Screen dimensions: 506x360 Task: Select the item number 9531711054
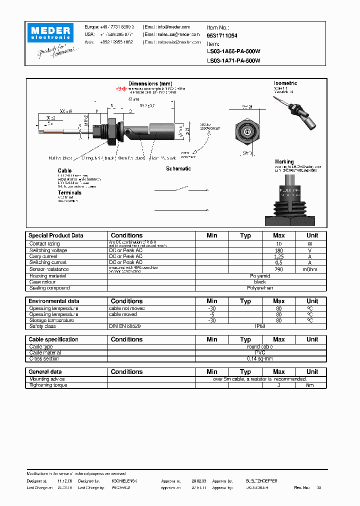tap(222, 36)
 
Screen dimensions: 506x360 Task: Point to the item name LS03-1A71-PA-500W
tap(233, 60)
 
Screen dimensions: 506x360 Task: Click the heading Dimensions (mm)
tap(150, 83)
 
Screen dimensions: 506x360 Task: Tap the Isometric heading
tap(285, 83)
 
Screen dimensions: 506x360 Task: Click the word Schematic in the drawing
tap(178, 168)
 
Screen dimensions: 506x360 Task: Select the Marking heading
tap(284, 161)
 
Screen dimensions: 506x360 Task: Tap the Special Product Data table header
tap(56, 235)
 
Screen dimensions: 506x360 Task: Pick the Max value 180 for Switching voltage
tap(278, 250)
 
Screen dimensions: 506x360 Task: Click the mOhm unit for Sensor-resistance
tap(312, 269)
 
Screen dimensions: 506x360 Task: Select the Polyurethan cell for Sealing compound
tap(260, 288)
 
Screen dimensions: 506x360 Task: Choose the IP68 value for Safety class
tap(260, 326)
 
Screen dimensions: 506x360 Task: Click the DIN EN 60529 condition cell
tap(125, 326)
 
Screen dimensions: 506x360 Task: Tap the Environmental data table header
tap(53, 301)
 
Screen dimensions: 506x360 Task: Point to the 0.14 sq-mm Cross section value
tap(260, 359)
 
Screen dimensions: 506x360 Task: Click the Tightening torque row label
tap(48, 385)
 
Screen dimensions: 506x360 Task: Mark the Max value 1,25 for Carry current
tap(278, 256)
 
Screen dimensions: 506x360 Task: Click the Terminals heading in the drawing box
tap(69, 192)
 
